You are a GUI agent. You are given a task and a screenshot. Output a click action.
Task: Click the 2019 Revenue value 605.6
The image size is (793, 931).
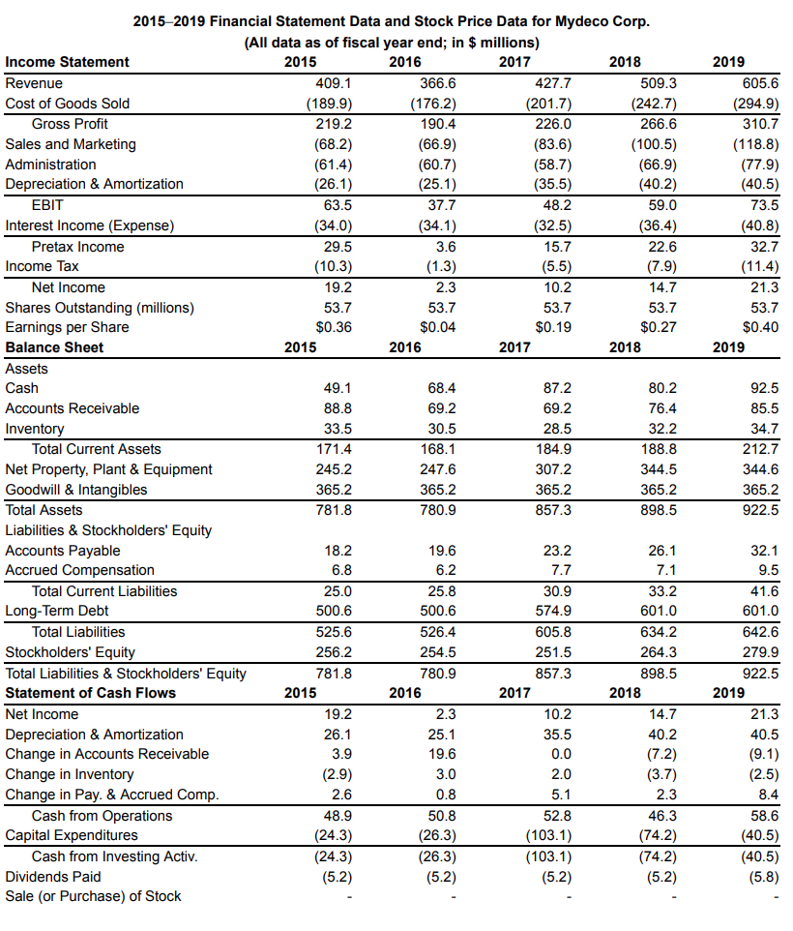[x=758, y=83]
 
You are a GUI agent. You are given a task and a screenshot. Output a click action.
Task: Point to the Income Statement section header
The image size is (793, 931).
[x=67, y=62]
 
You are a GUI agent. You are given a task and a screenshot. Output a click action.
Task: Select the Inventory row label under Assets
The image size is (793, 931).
[x=35, y=429]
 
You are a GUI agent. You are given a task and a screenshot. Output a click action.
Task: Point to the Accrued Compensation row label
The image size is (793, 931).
[x=79, y=570]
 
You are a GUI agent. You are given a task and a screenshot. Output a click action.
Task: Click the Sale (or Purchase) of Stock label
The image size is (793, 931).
[x=93, y=896]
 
